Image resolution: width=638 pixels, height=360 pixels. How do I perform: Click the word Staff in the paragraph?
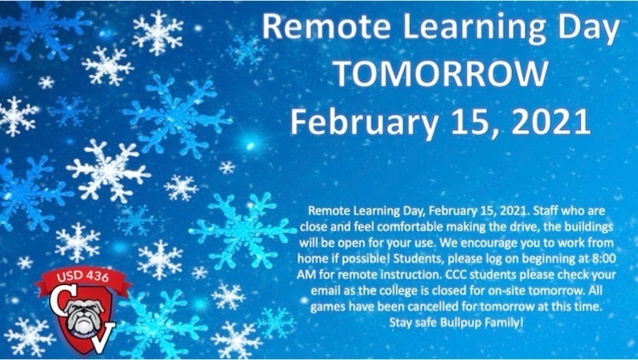coord(517,208)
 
